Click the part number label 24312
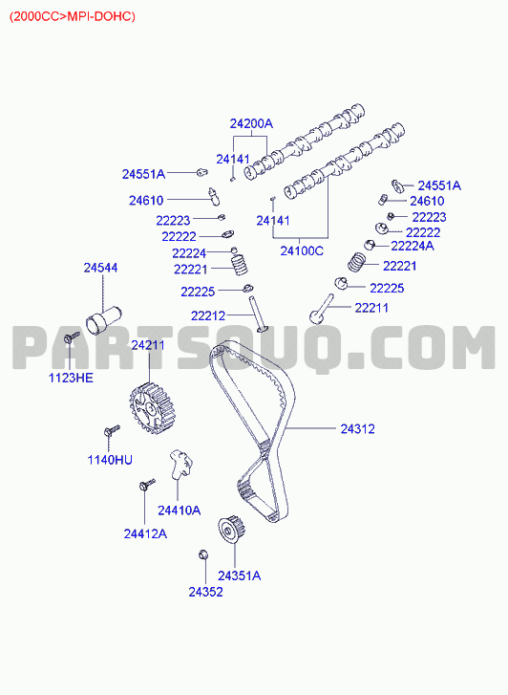(357, 428)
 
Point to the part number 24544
(100, 268)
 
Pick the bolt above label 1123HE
(71, 337)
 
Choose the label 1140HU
(110, 460)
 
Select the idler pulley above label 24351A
(232, 529)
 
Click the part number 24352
(205, 592)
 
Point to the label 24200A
(251, 123)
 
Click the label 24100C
(302, 250)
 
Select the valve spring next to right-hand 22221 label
(356, 262)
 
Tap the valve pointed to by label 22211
(321, 309)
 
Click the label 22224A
(413, 246)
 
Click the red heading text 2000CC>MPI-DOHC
(73, 16)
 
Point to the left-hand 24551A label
(143, 174)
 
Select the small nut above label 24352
(203, 554)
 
